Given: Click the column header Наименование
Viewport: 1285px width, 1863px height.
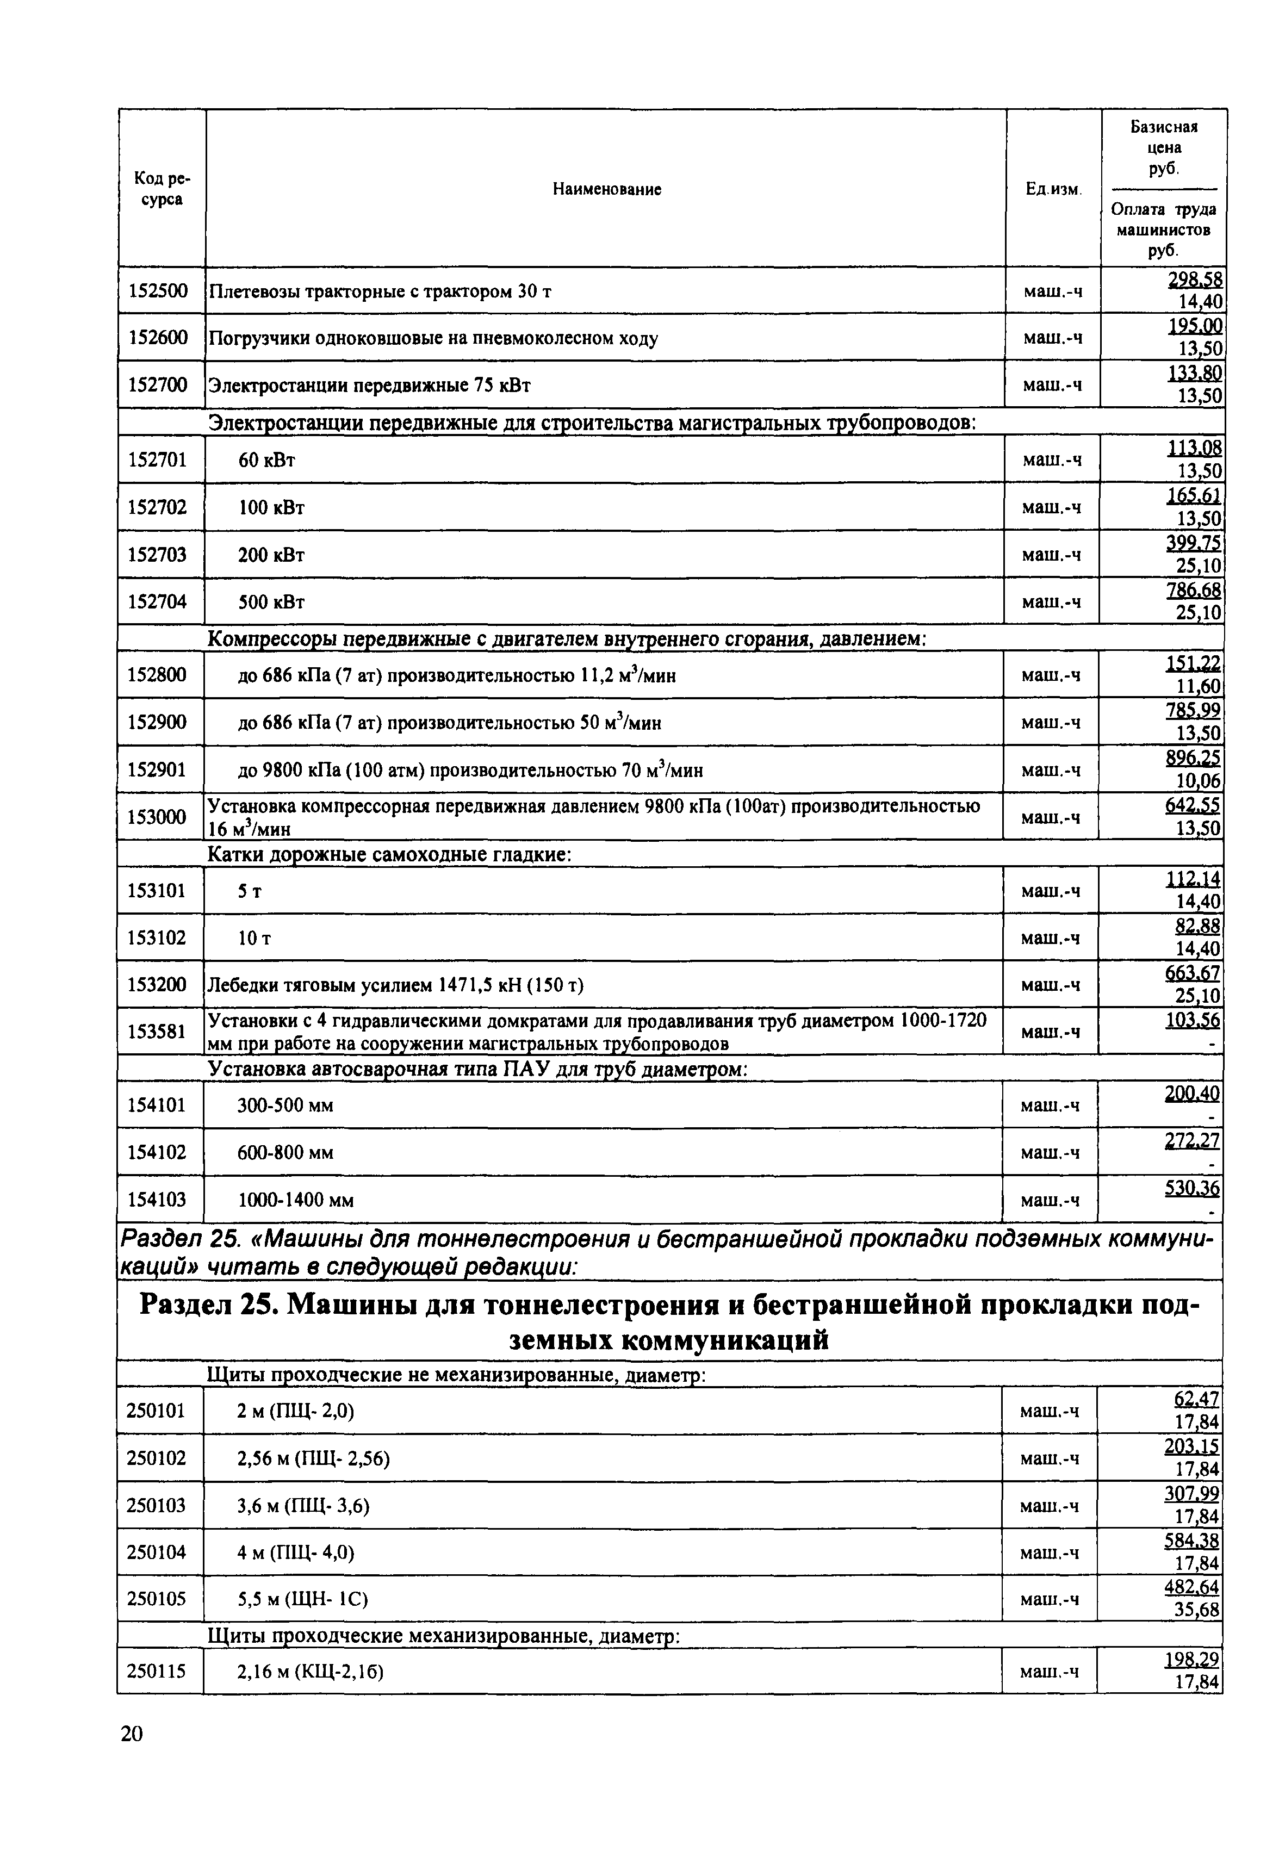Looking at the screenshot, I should (607, 189).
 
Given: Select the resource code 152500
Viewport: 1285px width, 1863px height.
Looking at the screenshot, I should (158, 290).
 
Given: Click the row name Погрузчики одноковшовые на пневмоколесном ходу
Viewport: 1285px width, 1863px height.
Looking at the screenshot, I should (433, 338).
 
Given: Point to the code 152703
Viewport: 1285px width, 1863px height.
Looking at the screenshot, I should (157, 555).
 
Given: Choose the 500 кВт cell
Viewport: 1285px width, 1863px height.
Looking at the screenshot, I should (271, 602).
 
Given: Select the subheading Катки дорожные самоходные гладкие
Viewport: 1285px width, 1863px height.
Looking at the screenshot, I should (390, 854).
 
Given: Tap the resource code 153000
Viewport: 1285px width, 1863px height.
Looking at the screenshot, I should (157, 817).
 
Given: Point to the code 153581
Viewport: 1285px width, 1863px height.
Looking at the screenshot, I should (157, 1032).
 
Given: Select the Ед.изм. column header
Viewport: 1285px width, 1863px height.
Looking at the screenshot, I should (1052, 189).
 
